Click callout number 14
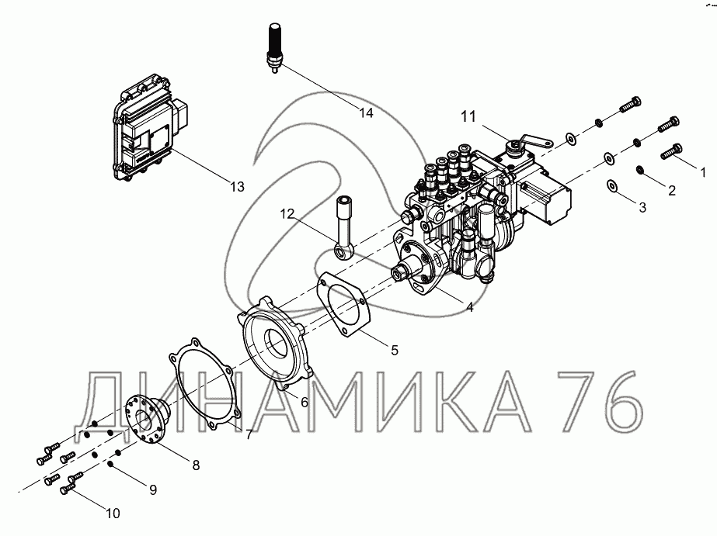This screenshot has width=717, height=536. pyautogui.click(x=367, y=112)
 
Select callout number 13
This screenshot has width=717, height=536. pyautogui.click(x=238, y=186)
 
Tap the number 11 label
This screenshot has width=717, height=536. pyautogui.click(x=468, y=117)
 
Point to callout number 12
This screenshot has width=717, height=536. pyautogui.click(x=287, y=213)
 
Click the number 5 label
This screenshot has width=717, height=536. pyautogui.click(x=395, y=350)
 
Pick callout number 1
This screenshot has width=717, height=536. pyautogui.click(x=703, y=172)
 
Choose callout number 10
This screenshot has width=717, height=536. pyautogui.click(x=113, y=514)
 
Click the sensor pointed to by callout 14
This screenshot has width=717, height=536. pyautogui.click(x=274, y=48)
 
